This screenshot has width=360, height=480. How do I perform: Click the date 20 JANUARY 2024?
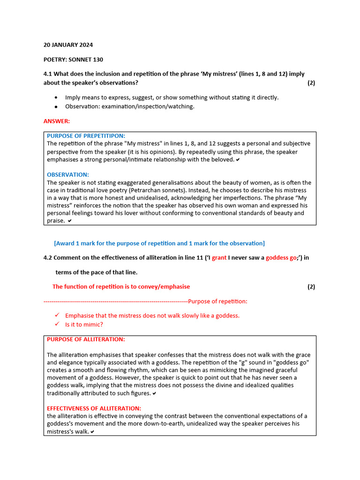tap(68, 45)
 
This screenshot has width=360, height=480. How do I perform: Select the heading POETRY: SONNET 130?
tap(73, 60)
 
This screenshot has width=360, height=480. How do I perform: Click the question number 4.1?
tap(48, 74)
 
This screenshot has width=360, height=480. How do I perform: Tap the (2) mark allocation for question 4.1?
tap(311, 83)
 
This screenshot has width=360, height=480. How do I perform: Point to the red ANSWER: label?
tap(56, 121)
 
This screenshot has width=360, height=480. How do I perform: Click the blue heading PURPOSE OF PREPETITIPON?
tap(86, 136)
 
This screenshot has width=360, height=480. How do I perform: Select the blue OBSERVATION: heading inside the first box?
tap(67, 174)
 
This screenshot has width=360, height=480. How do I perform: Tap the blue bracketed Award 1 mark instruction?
tap(159, 243)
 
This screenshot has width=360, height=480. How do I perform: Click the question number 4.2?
tap(48, 258)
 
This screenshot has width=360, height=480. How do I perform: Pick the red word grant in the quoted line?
tap(219, 258)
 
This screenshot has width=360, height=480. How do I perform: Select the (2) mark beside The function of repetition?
tap(311, 287)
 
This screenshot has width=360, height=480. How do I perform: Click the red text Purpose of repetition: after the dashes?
tap(217, 301)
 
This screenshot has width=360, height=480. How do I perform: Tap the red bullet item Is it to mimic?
tap(84, 324)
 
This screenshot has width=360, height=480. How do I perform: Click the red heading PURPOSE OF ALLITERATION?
tap(86, 339)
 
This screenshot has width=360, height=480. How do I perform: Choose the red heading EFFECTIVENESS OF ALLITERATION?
tap(94, 408)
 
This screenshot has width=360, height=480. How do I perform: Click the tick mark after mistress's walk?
tap(92, 432)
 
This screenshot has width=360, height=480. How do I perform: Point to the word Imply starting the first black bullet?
tap(73, 97)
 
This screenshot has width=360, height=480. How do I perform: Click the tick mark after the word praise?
tap(70, 221)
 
